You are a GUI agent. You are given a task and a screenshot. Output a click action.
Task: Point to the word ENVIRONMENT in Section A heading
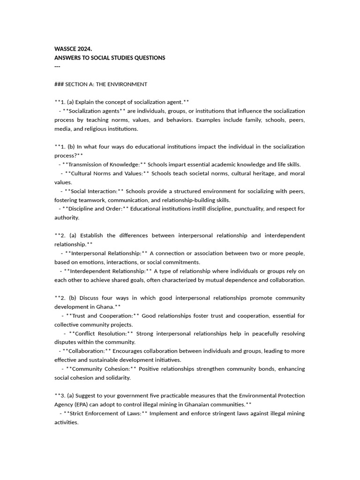pos(129,84)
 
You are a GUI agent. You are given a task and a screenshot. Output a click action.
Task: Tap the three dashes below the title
pos(58,67)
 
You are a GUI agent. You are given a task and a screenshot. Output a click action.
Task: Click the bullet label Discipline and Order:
pos(96,209)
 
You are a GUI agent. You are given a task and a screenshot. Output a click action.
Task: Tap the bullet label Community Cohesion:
pos(101,369)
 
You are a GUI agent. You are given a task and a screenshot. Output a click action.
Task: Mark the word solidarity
pos(117,378)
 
